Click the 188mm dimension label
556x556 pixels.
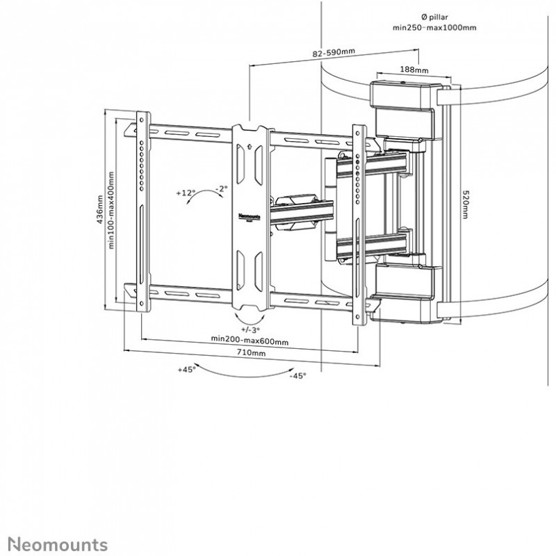pyautogui.click(x=414, y=69)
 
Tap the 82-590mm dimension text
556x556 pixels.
pyautogui.click(x=334, y=53)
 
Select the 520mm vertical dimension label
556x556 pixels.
pyautogui.click(x=466, y=204)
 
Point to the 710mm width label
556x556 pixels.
pyautogui.click(x=251, y=352)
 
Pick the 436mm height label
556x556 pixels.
pyautogui.click(x=99, y=210)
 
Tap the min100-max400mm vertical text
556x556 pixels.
pyautogui.click(x=111, y=211)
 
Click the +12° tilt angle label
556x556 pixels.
pyautogui.click(x=186, y=193)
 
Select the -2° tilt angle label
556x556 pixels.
pyautogui.click(x=222, y=189)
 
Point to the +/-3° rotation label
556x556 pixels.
pyautogui.click(x=250, y=329)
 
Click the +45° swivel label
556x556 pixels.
pyautogui.click(x=186, y=370)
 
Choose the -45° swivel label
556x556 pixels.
pyautogui.click(x=297, y=375)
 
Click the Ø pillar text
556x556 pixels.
pyautogui.click(x=434, y=17)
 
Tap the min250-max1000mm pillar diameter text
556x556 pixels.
pyautogui.click(x=434, y=28)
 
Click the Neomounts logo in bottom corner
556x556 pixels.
pyautogui.click(x=58, y=543)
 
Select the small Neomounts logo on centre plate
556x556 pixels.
pyautogui.click(x=250, y=216)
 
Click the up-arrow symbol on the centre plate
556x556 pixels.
pyautogui.click(x=250, y=145)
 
